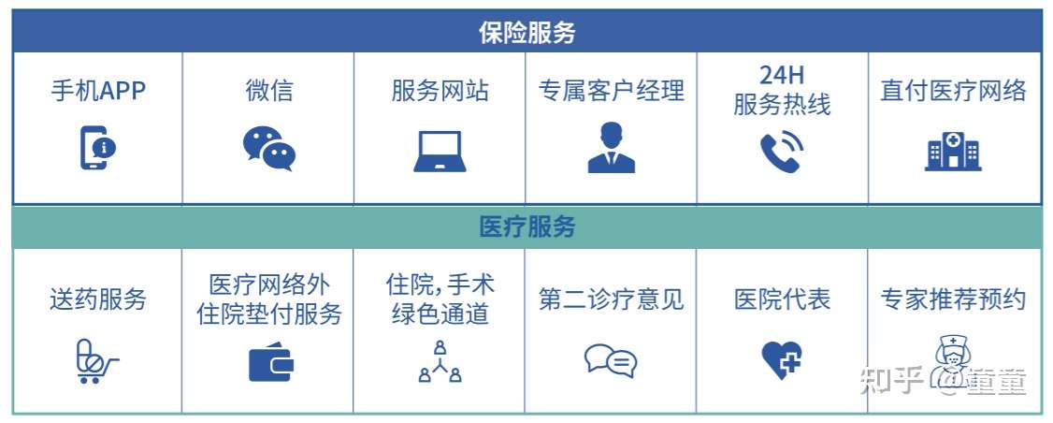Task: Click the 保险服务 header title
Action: point(526,32)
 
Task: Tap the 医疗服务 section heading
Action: point(526,227)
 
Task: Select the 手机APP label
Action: point(98,91)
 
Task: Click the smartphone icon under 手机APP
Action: point(97,148)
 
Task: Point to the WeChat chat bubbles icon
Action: point(268,149)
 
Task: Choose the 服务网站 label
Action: point(440,91)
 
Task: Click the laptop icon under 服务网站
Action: point(440,152)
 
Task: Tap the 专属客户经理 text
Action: point(611,91)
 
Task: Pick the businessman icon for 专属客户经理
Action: point(611,148)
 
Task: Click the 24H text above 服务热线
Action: point(782,75)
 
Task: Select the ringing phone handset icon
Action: point(782,152)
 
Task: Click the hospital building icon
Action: point(953,151)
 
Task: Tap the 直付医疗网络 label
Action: point(954,91)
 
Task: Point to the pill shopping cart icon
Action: point(96,361)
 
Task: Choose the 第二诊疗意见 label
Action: point(611,299)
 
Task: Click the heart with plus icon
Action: point(782,359)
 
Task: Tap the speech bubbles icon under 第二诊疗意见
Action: point(611,360)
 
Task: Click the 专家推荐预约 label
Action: point(954,299)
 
